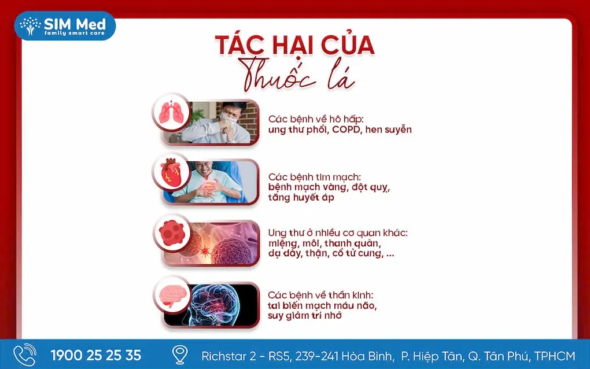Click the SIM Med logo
click(x=65, y=25)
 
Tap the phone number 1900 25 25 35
click(x=96, y=356)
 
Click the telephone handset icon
click(x=25, y=355)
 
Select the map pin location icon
click(x=180, y=355)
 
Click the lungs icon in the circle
click(x=172, y=112)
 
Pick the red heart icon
click(x=171, y=172)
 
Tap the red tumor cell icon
click(x=172, y=233)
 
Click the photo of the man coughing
click(x=221, y=123)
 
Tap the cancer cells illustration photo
click(x=220, y=243)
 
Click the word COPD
click(x=346, y=130)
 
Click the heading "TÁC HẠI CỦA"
click(x=294, y=45)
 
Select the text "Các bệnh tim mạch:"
click(x=315, y=177)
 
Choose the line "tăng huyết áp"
click(x=301, y=197)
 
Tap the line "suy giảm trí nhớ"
click(x=305, y=316)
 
